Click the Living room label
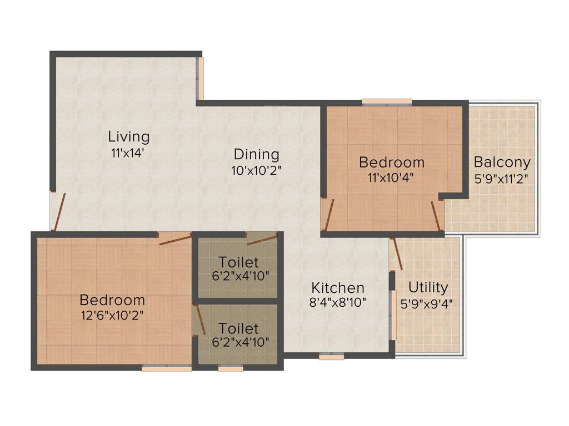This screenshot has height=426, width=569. pos(129,136)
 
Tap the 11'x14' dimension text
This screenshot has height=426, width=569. pos(128,153)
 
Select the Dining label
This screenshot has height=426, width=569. pos(256,154)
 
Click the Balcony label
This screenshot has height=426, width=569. pos(502,163)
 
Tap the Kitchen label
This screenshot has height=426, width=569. pos(338,288)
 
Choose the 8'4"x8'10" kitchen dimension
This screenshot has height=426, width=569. pos(338,303)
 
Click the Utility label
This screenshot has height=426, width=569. pos(428,287)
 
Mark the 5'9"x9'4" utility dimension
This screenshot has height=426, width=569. pos(427,303)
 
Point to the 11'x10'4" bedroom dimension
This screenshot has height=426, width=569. pos(391,177)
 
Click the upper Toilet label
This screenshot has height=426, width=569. pos(238,262)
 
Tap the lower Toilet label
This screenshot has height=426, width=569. pos(238,328)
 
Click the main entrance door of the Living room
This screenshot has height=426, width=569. pos(58,211)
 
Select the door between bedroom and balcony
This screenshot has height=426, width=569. pos(438,215)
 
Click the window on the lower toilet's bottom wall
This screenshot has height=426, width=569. pos(231,368)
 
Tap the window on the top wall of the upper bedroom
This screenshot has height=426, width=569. pos(387,102)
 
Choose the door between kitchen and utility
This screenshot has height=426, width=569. pos(397,254)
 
